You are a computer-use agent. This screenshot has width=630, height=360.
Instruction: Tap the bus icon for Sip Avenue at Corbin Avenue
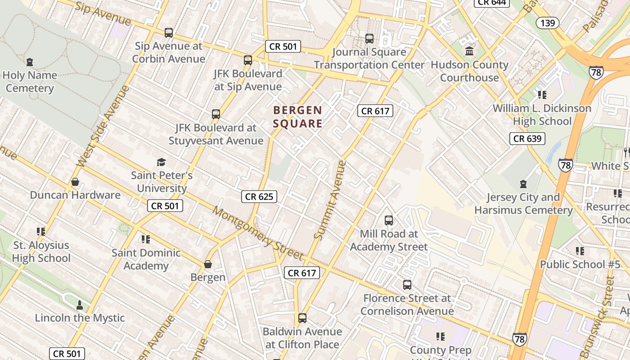click(x=169, y=32)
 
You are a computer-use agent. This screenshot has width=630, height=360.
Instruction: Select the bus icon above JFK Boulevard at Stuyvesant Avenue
click(x=216, y=114)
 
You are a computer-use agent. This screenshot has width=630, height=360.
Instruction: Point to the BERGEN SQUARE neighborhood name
click(x=298, y=117)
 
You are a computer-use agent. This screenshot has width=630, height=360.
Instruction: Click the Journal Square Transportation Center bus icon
click(x=369, y=39)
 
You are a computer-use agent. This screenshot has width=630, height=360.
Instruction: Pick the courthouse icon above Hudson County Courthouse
click(x=469, y=51)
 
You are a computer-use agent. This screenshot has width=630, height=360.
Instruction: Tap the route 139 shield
click(x=548, y=22)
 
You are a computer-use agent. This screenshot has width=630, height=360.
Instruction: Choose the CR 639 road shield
click(x=527, y=138)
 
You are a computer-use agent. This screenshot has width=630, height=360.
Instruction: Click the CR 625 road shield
click(x=259, y=196)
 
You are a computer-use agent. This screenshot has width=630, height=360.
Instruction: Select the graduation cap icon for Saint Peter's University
click(x=161, y=162)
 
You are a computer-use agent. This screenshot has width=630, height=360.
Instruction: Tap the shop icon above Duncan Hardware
click(x=75, y=182)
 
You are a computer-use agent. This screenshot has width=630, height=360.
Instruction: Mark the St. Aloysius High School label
click(x=41, y=252)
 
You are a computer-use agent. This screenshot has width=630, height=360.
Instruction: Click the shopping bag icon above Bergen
click(x=208, y=264)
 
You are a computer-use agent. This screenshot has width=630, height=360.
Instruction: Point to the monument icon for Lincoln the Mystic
click(x=80, y=305)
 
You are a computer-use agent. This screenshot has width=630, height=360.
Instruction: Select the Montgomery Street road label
click(x=258, y=233)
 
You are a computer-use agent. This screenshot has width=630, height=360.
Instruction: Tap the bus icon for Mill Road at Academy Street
click(x=389, y=220)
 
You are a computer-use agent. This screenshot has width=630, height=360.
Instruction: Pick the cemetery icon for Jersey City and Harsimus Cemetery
click(x=523, y=184)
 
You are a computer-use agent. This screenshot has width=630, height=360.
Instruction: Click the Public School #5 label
click(x=580, y=264)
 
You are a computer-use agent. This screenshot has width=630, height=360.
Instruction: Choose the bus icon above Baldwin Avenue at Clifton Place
click(x=302, y=318)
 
